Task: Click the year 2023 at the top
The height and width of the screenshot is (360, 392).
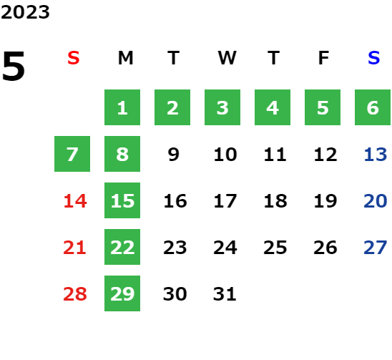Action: click(x=25, y=12)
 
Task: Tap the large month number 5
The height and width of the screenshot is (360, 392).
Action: click(x=14, y=66)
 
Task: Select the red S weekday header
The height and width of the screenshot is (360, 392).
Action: click(x=73, y=58)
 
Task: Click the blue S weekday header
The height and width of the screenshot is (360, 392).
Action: click(x=373, y=58)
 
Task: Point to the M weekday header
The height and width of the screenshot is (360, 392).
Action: click(x=125, y=58)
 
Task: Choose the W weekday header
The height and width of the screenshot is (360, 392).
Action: click(x=227, y=58)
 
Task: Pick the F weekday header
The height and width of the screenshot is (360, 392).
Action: click(x=323, y=58)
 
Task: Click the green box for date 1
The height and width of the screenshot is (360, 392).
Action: click(x=122, y=107)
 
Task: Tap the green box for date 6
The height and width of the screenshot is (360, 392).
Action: click(x=373, y=107)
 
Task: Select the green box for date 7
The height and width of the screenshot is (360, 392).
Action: click(x=72, y=154)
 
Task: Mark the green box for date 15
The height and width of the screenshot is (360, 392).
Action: click(x=122, y=200)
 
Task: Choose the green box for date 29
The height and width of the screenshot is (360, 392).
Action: click(x=122, y=293)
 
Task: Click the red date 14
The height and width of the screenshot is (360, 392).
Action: click(x=75, y=201)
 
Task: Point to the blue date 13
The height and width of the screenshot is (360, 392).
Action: click(x=376, y=155)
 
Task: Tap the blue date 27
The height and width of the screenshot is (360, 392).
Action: click(x=376, y=248)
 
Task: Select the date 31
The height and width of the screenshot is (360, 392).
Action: click(x=225, y=294)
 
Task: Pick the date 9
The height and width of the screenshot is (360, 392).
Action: click(x=173, y=155)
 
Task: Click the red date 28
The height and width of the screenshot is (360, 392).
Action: click(x=75, y=294)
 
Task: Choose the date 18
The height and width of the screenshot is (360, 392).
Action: click(x=275, y=201)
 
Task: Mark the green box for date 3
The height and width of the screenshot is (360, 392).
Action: click(x=222, y=107)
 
